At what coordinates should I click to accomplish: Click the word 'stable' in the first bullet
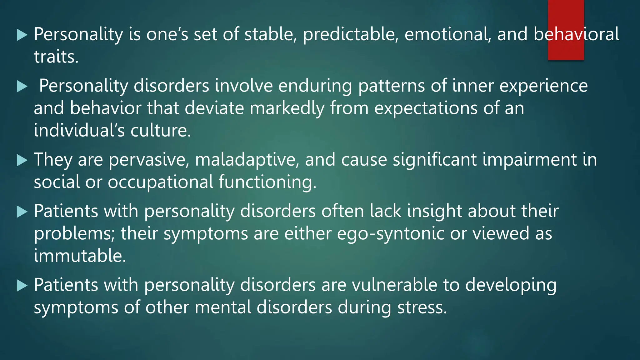click(x=270, y=34)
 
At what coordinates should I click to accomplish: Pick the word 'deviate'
click(x=214, y=108)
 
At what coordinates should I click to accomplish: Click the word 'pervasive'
click(x=148, y=160)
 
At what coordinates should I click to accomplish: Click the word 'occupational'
click(x=160, y=182)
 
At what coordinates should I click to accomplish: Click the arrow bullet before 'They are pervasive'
click(x=22, y=160)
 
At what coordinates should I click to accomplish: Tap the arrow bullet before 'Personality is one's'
click(x=22, y=35)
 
